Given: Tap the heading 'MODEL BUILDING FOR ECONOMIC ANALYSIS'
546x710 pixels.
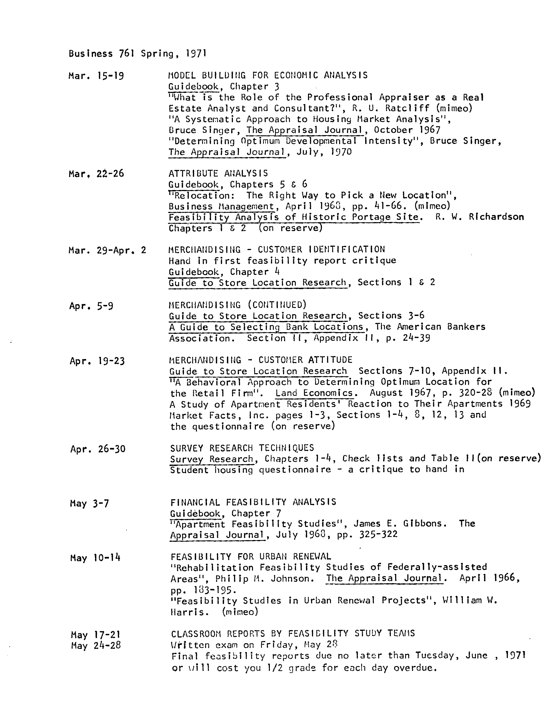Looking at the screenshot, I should coord(268,75).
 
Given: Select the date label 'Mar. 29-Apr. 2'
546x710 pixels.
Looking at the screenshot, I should coord(107,250).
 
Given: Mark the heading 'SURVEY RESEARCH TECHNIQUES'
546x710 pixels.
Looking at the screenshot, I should coord(242,448).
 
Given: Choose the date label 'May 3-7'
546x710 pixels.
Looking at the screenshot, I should coord(89,504).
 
